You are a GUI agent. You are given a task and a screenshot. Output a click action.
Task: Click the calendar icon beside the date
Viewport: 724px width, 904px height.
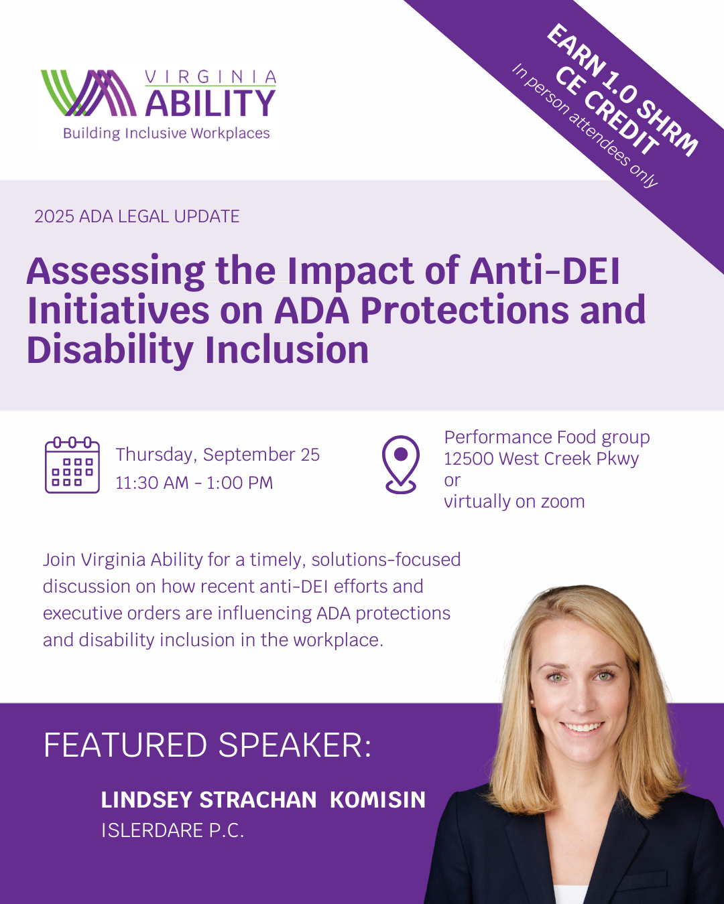point(72,465)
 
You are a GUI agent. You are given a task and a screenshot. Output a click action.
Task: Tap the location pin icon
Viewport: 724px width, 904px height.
point(400,464)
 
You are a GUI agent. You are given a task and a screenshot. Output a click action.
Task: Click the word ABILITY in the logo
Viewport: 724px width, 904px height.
point(210,104)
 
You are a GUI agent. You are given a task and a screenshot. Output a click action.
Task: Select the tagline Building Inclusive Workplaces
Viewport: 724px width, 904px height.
point(166,133)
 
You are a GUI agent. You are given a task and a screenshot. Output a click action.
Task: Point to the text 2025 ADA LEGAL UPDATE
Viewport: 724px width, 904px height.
point(137,216)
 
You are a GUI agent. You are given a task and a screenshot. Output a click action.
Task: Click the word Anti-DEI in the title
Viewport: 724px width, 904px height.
point(544,271)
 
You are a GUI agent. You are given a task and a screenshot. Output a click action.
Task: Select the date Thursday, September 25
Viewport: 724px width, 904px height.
point(217,455)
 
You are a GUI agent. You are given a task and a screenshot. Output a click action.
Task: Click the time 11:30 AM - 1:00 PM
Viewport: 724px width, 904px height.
point(194,483)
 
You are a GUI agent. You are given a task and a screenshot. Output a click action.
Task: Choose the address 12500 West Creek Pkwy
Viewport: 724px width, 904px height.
point(541,459)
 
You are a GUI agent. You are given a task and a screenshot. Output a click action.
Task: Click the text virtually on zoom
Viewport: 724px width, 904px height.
point(514,502)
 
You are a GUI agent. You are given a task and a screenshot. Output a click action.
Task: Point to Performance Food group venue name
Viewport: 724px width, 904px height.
point(546,437)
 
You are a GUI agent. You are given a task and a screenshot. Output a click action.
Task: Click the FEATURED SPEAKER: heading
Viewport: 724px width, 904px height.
point(207,745)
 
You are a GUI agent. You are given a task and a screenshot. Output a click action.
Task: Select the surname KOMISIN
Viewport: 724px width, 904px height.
point(377,800)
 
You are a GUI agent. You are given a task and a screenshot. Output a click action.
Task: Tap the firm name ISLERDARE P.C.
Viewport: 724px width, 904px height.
point(172,830)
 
